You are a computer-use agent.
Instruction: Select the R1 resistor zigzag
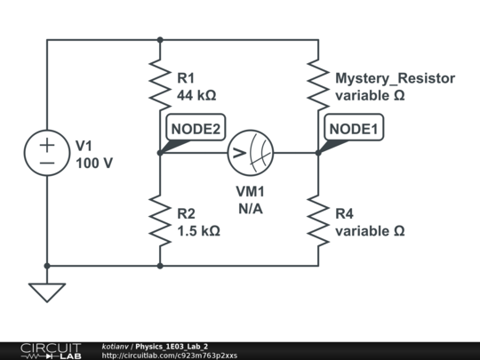pyautogui.click(x=160, y=84)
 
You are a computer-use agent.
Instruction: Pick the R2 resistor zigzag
pyautogui.click(x=160, y=220)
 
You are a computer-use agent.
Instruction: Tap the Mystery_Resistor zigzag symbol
pyautogui.click(x=318, y=84)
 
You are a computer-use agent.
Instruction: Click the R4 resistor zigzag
pyautogui.click(x=318, y=220)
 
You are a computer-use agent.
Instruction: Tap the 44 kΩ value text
pyautogui.click(x=196, y=95)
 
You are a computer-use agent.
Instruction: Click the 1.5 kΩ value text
pyautogui.click(x=198, y=231)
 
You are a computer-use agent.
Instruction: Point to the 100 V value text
pyautogui.click(x=94, y=164)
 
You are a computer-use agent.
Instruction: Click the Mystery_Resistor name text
pyautogui.click(x=396, y=78)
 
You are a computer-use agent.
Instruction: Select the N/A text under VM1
pyautogui.click(x=251, y=209)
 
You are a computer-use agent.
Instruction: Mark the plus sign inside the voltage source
pyautogui.click(x=47, y=145)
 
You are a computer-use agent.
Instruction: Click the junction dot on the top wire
pyautogui.click(x=160, y=40)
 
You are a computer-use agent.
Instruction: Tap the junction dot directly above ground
pyautogui.click(x=47, y=266)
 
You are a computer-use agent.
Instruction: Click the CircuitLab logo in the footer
pyautogui.click(x=51, y=351)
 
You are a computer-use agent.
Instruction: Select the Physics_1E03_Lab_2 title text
pyautogui.click(x=172, y=347)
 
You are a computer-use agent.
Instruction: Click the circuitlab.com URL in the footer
pyautogui.click(x=169, y=356)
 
